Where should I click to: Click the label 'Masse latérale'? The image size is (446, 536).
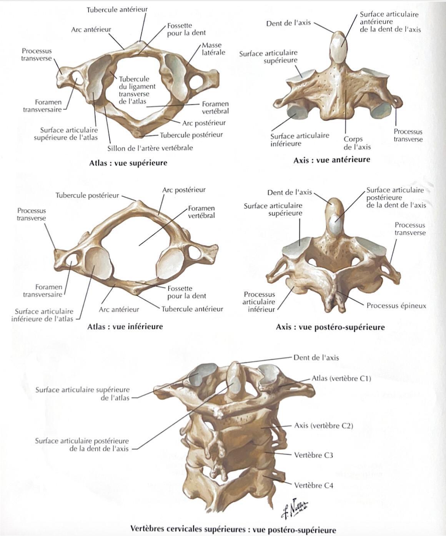tap(213, 49)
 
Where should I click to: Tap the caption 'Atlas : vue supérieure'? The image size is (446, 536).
tap(128, 163)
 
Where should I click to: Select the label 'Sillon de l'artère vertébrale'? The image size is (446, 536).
tap(150, 148)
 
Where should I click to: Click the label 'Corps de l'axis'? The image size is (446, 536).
tap(357, 143)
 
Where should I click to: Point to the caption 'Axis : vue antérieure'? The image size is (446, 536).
tap(332, 160)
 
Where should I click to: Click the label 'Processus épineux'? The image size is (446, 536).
tap(396, 306)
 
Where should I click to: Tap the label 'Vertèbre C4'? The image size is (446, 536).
tap(313, 485)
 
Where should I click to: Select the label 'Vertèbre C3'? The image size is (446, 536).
tap(313, 455)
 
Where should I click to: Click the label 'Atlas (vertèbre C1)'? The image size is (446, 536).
tap(341, 378)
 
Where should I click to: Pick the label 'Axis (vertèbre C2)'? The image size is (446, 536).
tap(323, 426)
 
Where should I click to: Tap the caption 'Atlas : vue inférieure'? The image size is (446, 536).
tap(125, 326)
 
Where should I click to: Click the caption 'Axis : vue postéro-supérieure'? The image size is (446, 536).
tap(330, 327)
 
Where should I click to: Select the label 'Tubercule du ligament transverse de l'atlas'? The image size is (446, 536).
tap(137, 90)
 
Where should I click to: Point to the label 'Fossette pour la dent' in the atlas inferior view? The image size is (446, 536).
tap(187, 292)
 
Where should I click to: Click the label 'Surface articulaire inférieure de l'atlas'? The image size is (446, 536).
tap(42, 315)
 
